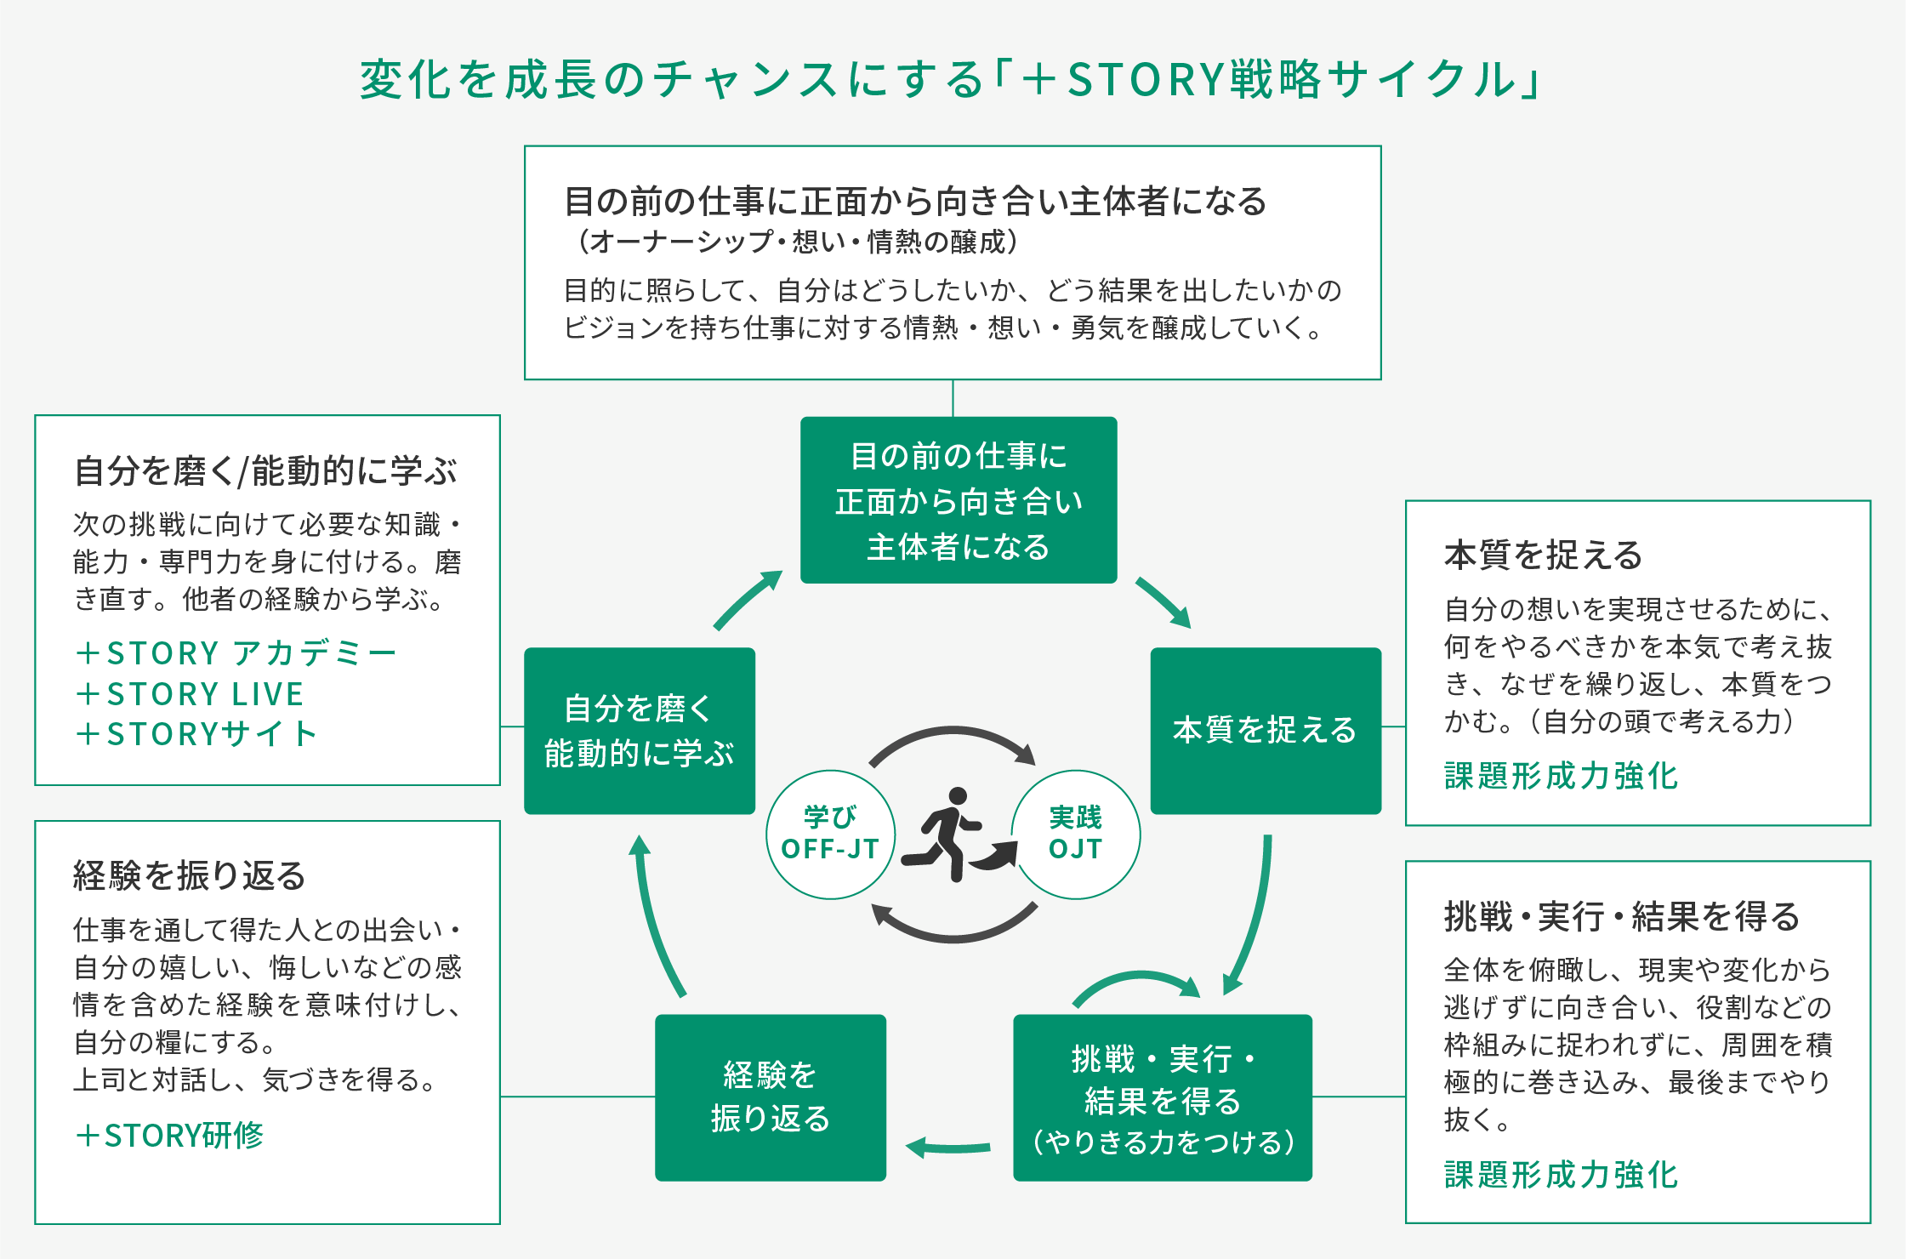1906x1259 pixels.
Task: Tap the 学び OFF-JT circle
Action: coord(830,835)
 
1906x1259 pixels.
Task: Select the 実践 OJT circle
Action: coord(1075,835)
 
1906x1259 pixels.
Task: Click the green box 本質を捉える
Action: coord(1265,731)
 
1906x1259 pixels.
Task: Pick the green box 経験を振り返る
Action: coord(770,1097)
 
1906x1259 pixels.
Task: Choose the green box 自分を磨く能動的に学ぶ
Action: coord(639,731)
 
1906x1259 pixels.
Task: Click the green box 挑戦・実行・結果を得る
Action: coord(1162,1097)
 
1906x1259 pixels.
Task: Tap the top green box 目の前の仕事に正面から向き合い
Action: coord(958,500)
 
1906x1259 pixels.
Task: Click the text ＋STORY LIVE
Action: coord(189,694)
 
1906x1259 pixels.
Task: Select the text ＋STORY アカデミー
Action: coord(236,653)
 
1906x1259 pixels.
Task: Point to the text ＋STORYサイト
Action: coord(196,734)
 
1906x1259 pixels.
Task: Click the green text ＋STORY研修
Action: coord(169,1136)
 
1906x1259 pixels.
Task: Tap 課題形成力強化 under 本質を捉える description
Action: coord(1561,776)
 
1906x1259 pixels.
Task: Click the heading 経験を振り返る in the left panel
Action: coord(189,875)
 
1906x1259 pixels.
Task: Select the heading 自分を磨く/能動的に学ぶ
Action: coord(265,471)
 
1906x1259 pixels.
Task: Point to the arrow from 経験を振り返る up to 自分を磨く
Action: coord(655,919)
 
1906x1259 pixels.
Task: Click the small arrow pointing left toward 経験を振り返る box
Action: coord(947,1148)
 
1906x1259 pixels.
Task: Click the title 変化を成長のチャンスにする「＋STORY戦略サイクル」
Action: coord(951,80)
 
